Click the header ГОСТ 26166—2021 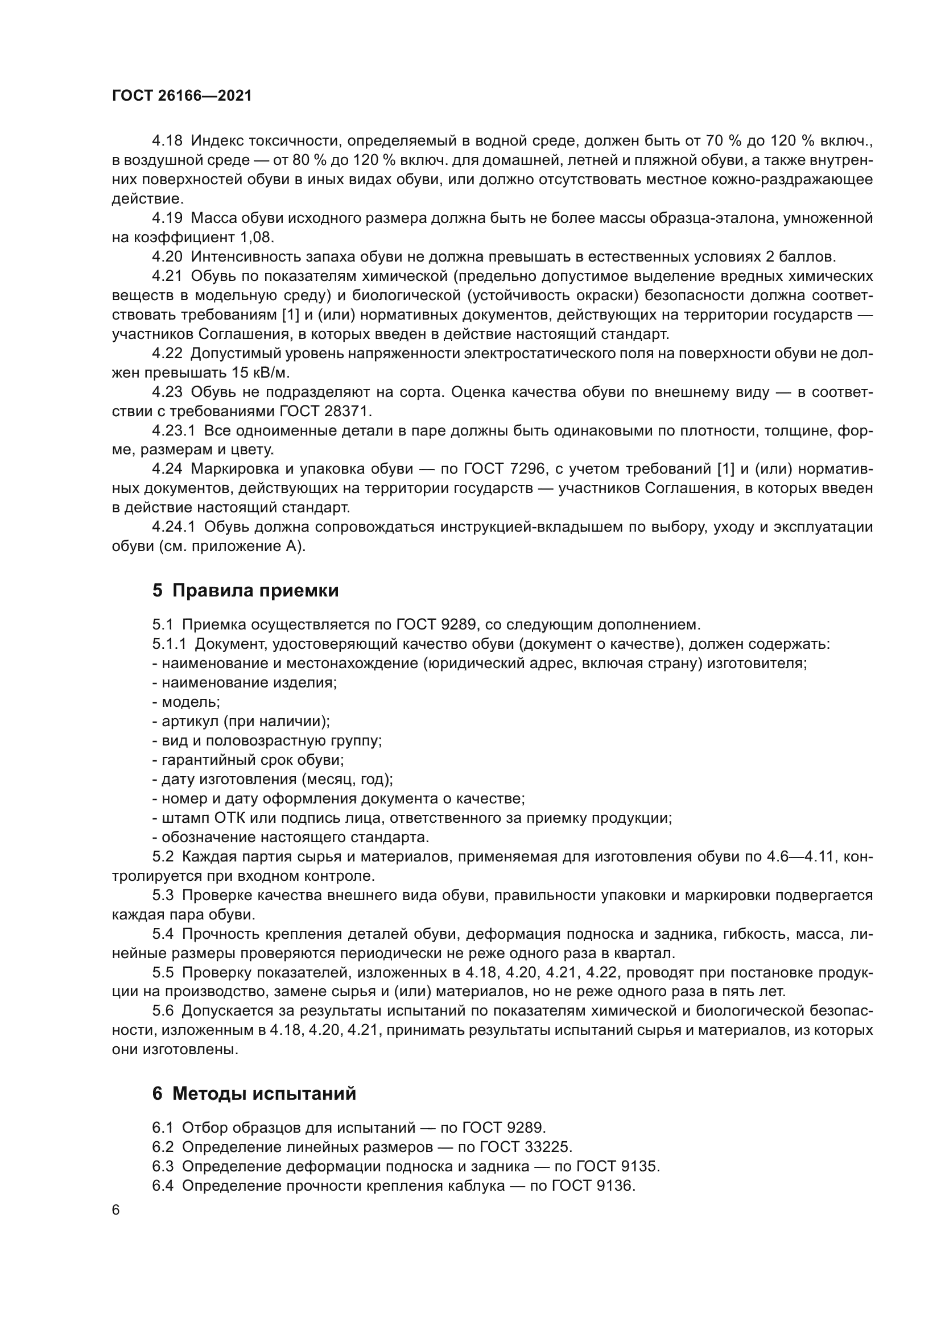pyautogui.click(x=182, y=96)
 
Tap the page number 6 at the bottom pyautogui.click(x=116, y=1210)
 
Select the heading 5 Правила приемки pyautogui.click(x=246, y=590)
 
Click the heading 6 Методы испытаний pyautogui.click(x=254, y=1093)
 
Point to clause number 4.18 pyautogui.click(x=167, y=141)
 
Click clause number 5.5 pyautogui.click(x=163, y=972)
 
